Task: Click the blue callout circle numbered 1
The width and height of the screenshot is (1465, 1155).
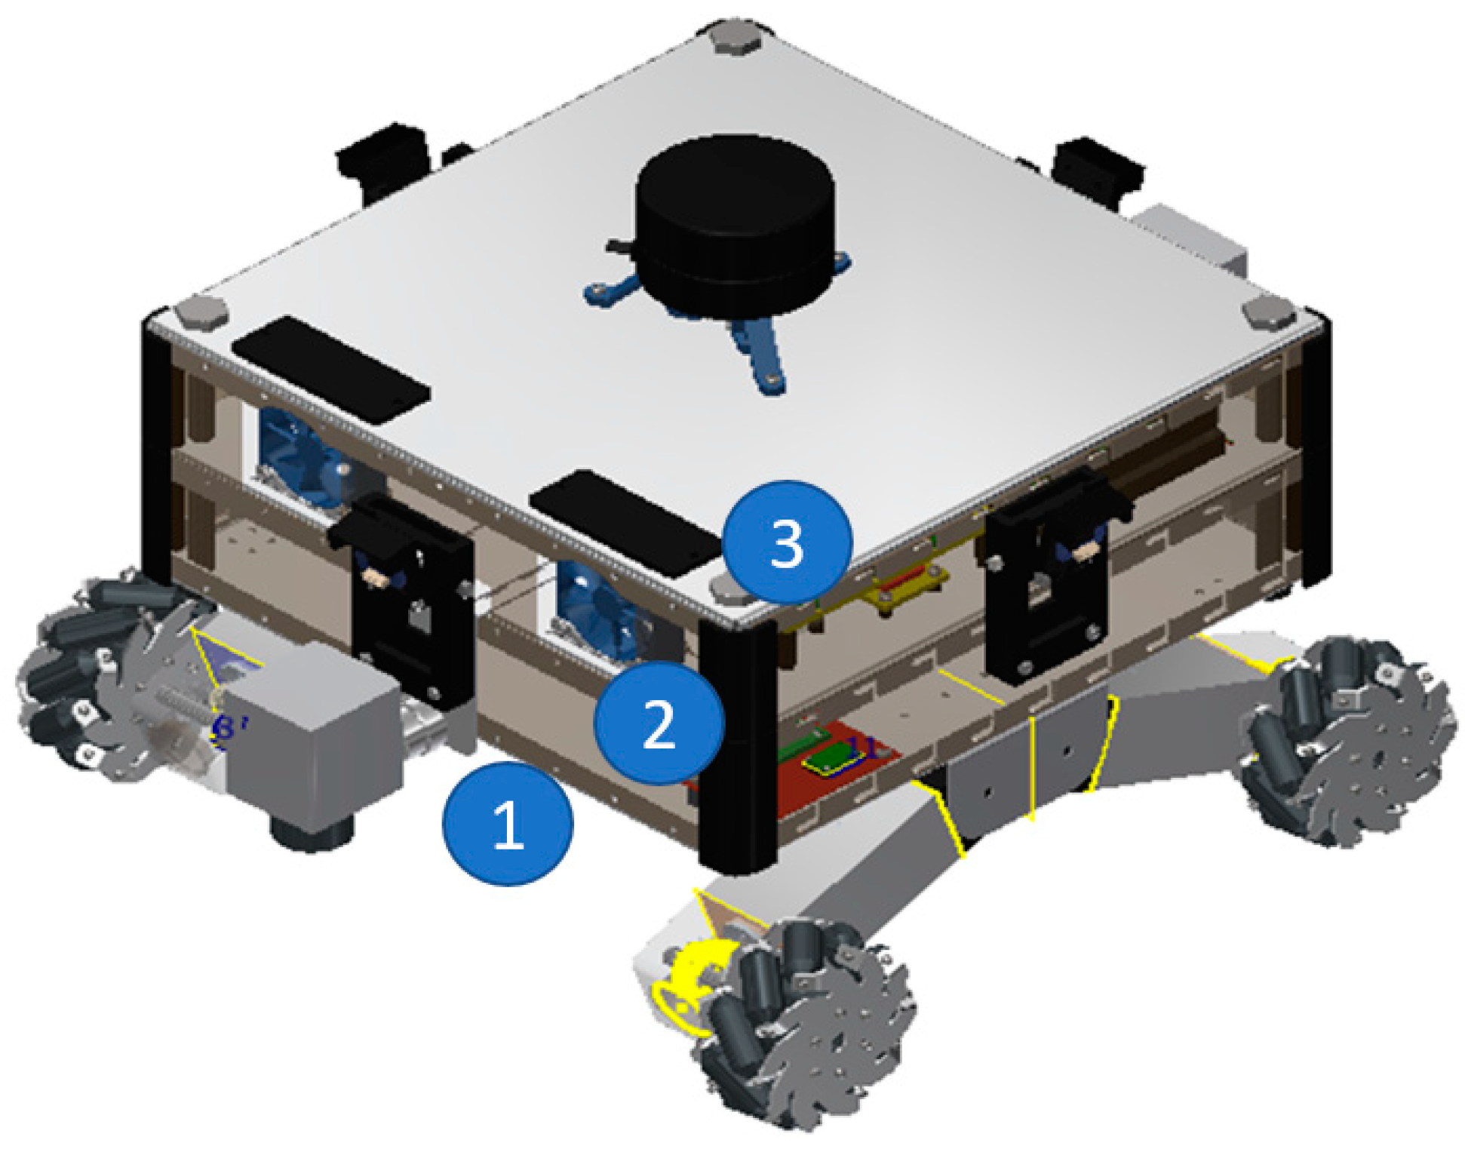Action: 507,823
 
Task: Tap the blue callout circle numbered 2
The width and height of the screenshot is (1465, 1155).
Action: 659,723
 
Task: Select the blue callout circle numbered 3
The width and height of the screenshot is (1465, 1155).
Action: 787,542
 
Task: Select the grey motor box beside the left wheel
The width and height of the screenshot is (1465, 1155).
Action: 313,728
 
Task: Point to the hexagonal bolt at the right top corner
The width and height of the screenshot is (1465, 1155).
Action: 1267,312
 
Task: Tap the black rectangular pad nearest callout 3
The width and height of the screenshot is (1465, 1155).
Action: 624,522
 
